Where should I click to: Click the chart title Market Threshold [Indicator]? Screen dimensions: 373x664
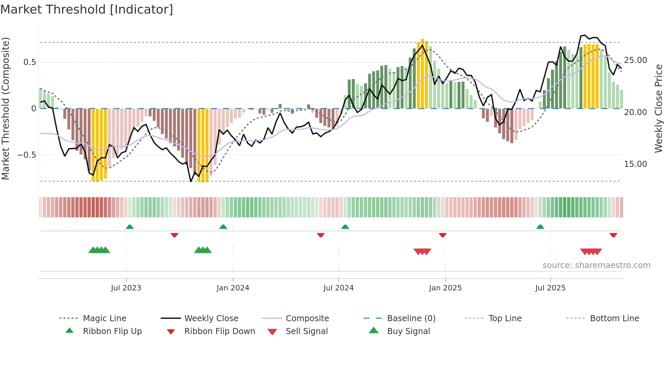87,9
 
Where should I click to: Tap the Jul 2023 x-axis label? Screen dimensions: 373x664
126,288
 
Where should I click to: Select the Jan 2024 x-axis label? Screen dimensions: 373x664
233,288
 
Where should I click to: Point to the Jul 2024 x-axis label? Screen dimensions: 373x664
338,288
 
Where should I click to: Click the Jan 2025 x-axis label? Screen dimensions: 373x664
445,288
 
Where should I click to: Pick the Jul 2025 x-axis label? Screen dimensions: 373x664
550,288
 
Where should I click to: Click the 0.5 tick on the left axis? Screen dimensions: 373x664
29,62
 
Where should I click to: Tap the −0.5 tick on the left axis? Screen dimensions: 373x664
26,155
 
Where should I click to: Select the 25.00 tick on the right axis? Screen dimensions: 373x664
635,60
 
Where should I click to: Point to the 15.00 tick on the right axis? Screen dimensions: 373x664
635,164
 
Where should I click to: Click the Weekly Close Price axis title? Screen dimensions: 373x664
658,108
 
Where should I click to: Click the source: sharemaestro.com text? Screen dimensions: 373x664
596,265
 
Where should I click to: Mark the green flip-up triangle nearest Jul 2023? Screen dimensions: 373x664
130,227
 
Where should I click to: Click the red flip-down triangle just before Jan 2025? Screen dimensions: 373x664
442,235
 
